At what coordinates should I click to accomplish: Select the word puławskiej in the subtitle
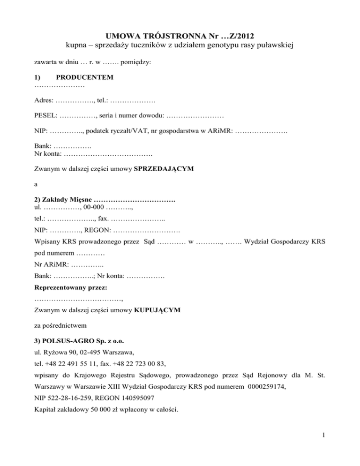[272, 45]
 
